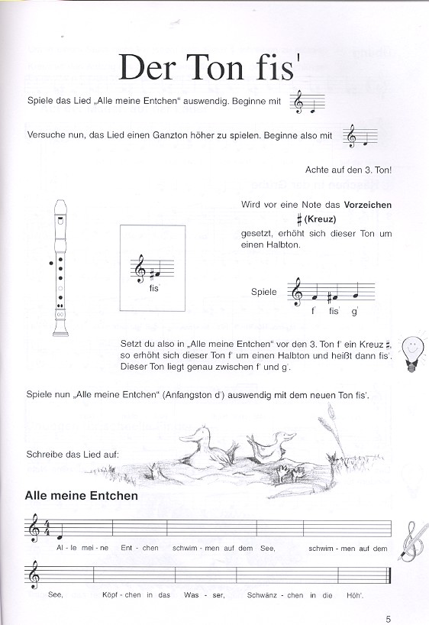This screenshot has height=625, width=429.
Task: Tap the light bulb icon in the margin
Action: click(412, 353)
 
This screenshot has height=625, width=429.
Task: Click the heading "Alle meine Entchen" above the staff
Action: click(82, 496)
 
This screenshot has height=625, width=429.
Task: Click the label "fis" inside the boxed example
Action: click(154, 288)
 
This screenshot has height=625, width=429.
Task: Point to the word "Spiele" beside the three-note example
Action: click(265, 292)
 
